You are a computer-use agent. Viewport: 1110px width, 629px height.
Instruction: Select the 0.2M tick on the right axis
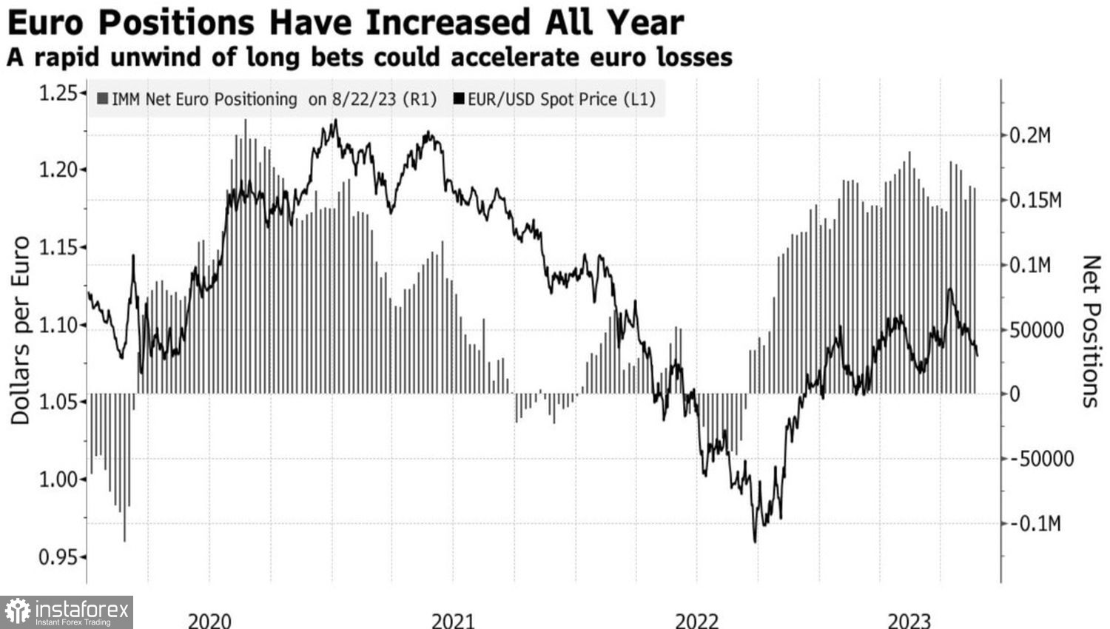tap(1030, 135)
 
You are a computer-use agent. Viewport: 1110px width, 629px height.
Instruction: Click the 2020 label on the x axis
tap(209, 620)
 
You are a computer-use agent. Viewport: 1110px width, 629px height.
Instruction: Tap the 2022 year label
tap(696, 620)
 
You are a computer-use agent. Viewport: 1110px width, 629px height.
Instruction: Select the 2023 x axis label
tap(909, 620)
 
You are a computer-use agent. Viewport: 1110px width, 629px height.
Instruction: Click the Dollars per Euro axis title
tap(20, 330)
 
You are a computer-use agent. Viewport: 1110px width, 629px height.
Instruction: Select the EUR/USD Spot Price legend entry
tap(555, 99)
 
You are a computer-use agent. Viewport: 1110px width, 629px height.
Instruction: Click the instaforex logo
tap(67, 612)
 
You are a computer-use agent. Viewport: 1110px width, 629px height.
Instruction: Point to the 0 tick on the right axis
tap(1015, 394)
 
